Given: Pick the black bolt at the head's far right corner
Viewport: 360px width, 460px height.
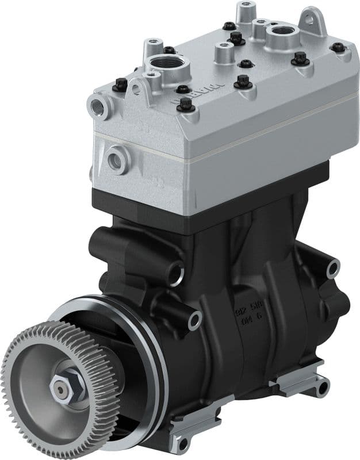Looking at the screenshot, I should tap(338, 48).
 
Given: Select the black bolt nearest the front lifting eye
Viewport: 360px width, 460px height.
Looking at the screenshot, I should tap(120, 85).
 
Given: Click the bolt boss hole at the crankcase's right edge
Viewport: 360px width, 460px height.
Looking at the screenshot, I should tap(332, 269).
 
